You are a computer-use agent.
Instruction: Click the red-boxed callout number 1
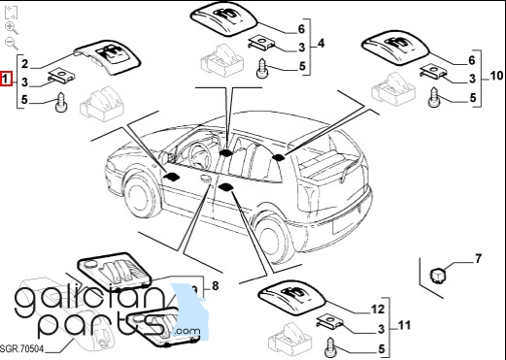(x=6, y=79)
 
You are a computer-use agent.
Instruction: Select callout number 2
(x=25, y=64)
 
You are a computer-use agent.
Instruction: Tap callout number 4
(x=320, y=43)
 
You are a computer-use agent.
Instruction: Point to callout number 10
(x=496, y=76)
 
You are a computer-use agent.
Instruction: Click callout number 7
(x=478, y=258)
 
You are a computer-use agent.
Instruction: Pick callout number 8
(x=215, y=285)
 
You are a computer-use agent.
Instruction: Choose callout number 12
(x=377, y=310)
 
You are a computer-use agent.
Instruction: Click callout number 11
(x=404, y=325)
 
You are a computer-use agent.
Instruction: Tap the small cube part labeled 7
(x=437, y=275)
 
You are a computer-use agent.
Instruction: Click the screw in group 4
(x=262, y=68)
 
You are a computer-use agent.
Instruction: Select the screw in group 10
(x=434, y=97)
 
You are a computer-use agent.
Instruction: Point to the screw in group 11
(x=330, y=347)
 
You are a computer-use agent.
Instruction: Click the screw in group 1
(x=61, y=102)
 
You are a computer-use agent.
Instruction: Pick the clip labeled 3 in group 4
(x=261, y=43)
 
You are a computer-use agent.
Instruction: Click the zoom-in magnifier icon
(x=12, y=28)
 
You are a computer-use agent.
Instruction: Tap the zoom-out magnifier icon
(x=12, y=44)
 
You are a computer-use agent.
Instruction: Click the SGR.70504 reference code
(x=22, y=348)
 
